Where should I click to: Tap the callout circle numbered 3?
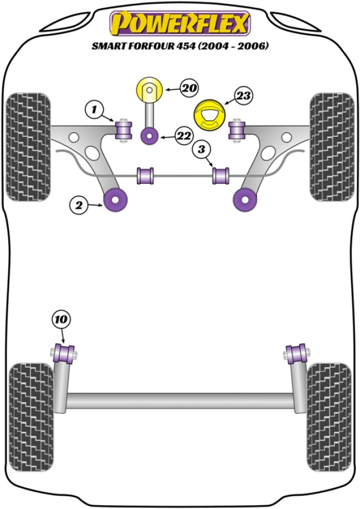click(202, 149)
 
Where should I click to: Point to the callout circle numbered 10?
click(61, 320)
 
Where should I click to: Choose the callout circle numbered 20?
click(188, 88)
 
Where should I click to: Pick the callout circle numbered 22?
click(183, 135)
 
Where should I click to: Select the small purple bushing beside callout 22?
click(149, 135)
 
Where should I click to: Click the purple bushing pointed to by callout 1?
click(124, 130)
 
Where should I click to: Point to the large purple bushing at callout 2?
click(117, 198)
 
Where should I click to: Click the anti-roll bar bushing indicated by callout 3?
click(222, 176)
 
